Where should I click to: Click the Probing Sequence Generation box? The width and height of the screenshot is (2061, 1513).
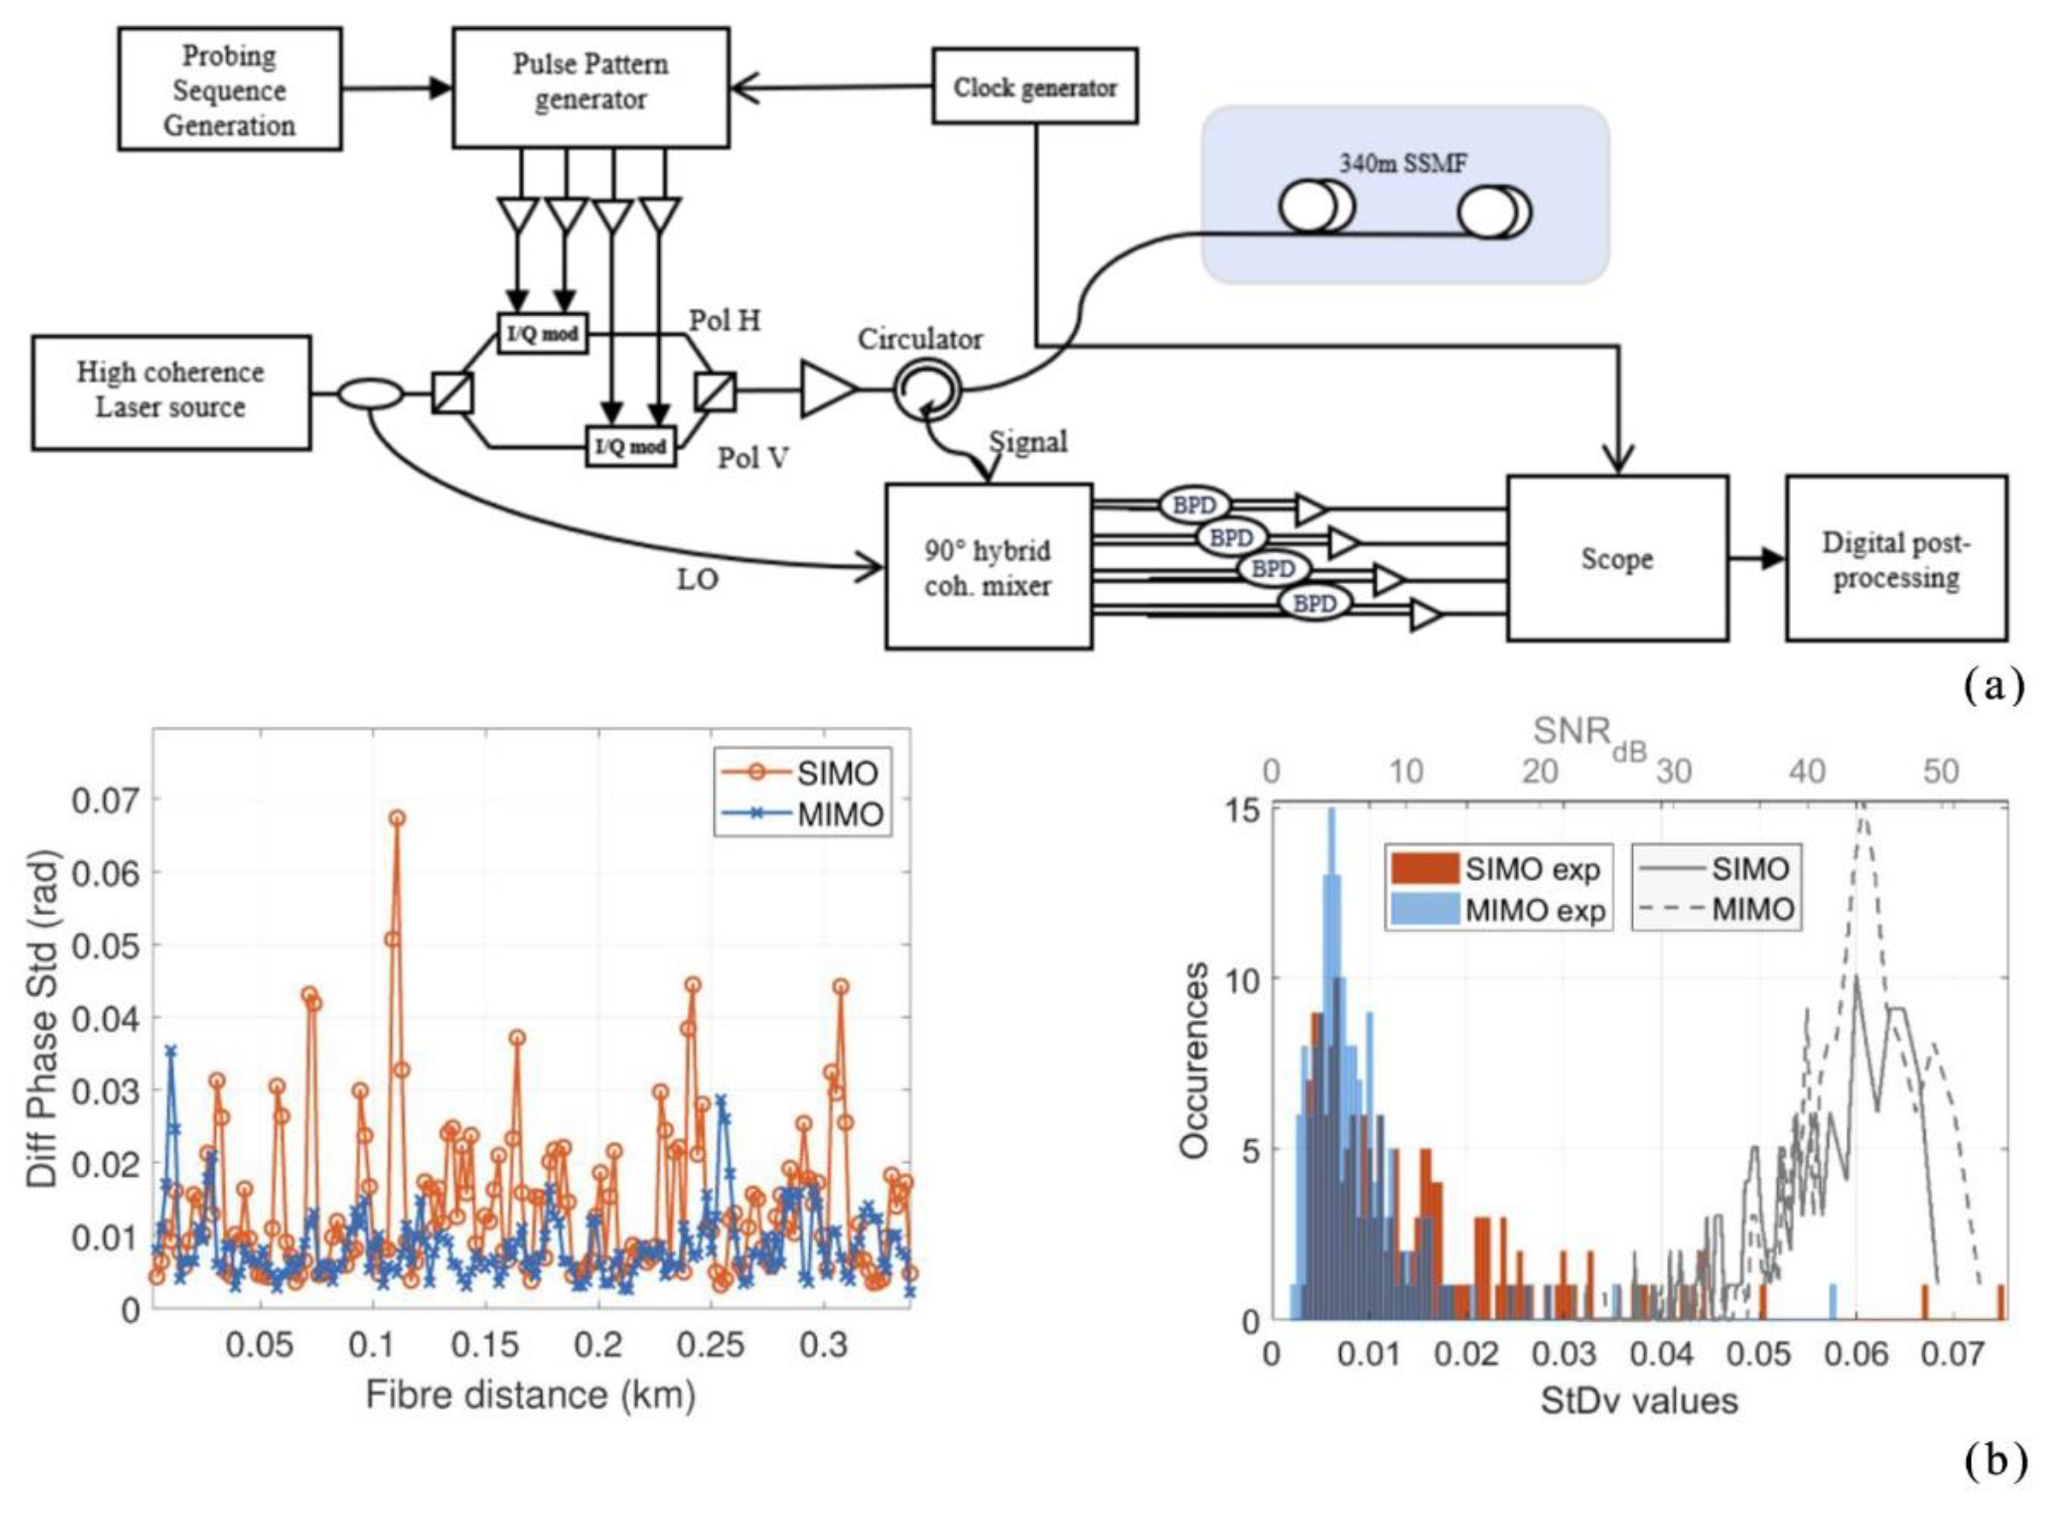click(x=229, y=89)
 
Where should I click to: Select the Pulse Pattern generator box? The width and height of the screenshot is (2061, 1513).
click(x=591, y=87)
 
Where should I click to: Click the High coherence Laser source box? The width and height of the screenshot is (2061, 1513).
click(x=171, y=392)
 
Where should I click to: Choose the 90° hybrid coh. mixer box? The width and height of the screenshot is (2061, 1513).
click(x=987, y=567)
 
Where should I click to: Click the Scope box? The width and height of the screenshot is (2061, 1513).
click(x=1617, y=558)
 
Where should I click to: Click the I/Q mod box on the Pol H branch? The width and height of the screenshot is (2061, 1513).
click(x=542, y=333)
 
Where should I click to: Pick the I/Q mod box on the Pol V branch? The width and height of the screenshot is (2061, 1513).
click(x=631, y=446)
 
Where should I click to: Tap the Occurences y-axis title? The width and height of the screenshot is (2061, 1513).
click(x=1193, y=1060)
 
